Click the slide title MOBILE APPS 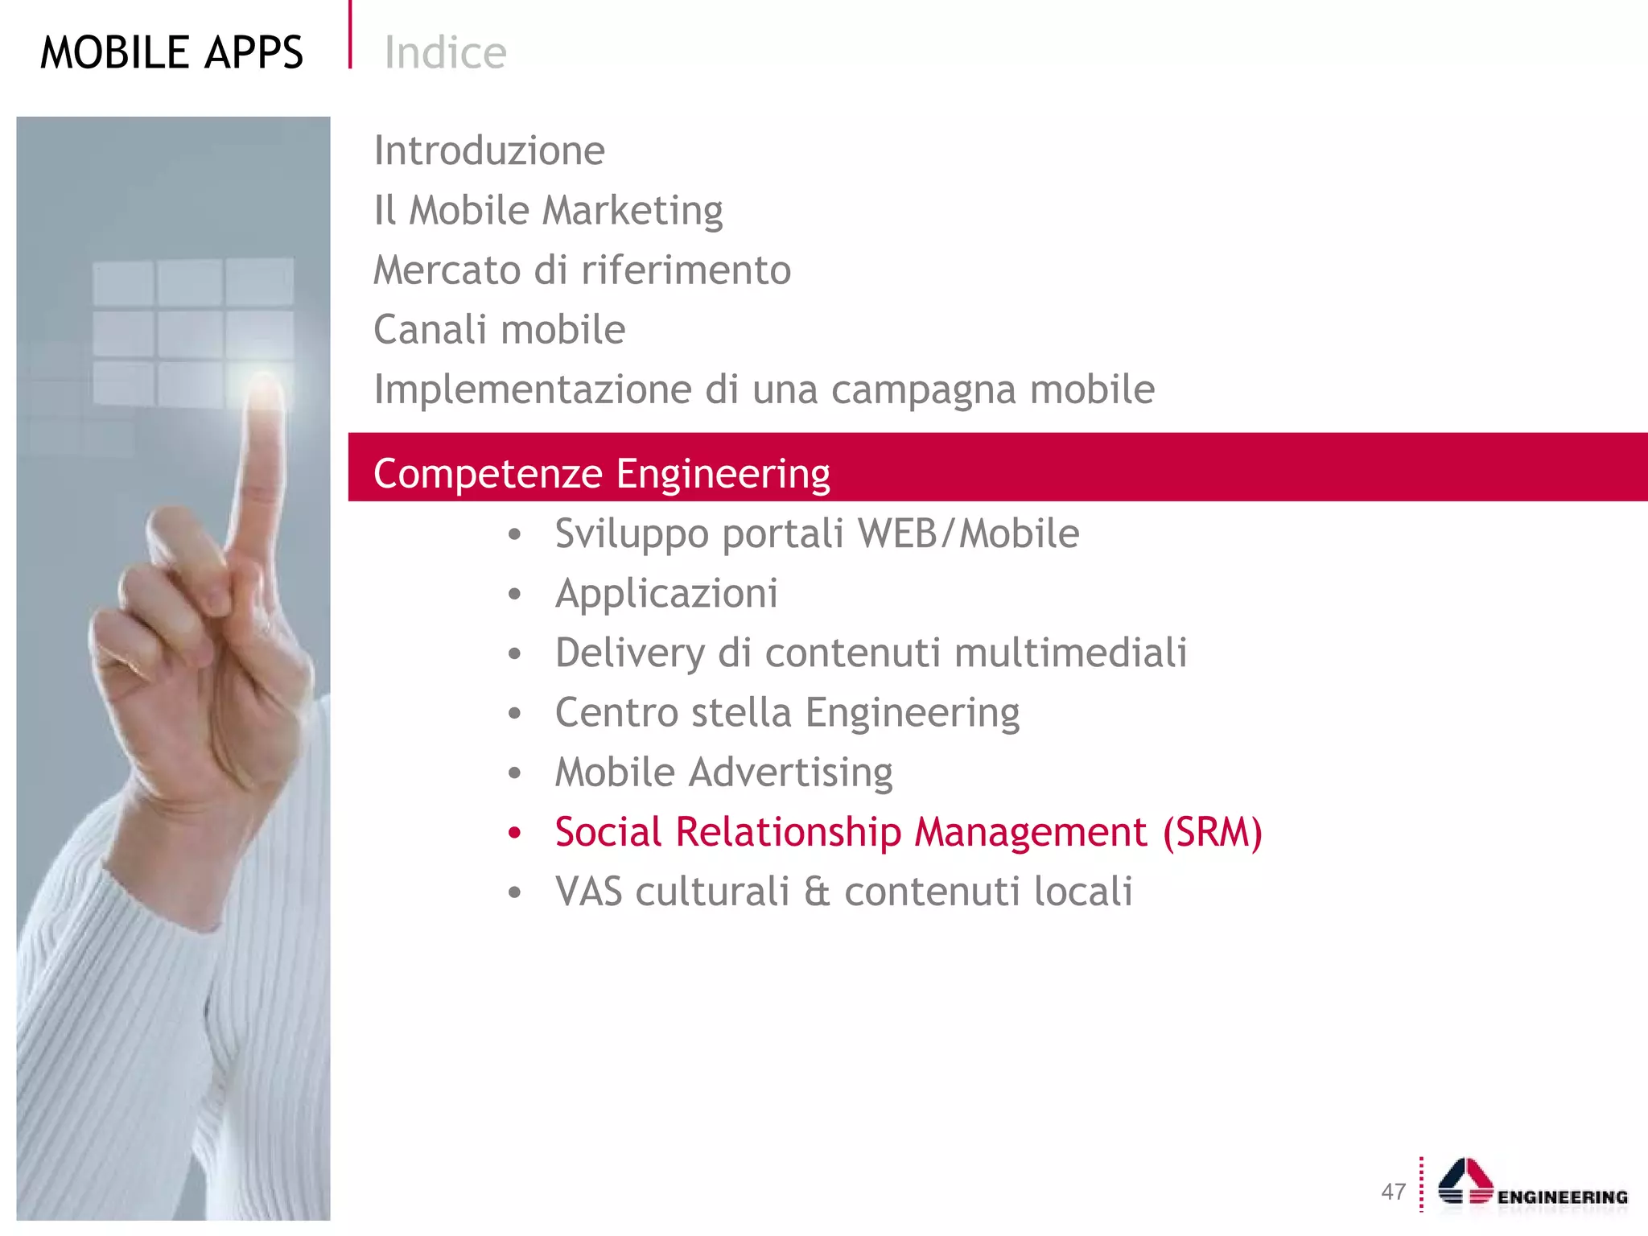tap(171, 53)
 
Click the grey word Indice tap(445, 53)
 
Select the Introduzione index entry tap(489, 150)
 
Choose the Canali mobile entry tap(499, 329)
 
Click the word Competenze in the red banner tap(488, 473)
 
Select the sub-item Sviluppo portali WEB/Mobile tap(817, 534)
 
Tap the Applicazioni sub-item tap(666, 594)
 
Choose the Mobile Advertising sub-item tap(723, 772)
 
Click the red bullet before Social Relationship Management tap(515, 833)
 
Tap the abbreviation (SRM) tap(1212, 832)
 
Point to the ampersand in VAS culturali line tap(817, 892)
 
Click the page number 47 tap(1393, 1192)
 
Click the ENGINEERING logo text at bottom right tap(1562, 1197)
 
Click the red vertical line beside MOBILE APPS tap(350, 34)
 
